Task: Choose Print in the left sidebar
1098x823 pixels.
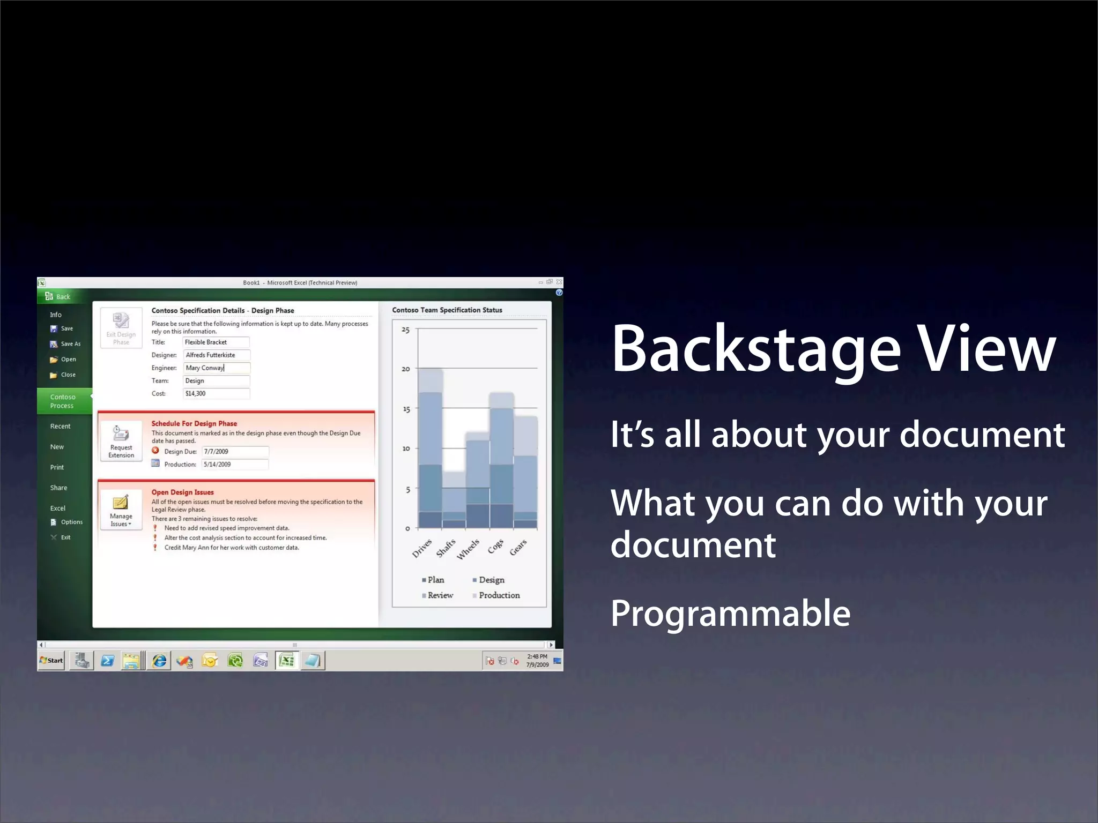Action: (x=57, y=467)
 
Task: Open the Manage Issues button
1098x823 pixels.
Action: (x=121, y=510)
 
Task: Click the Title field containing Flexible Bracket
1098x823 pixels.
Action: (x=216, y=342)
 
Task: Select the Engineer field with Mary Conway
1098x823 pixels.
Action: (x=216, y=368)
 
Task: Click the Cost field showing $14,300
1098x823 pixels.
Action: (x=216, y=394)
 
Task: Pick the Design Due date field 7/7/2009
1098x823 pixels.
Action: (x=235, y=452)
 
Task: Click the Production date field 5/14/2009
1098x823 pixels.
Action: (x=235, y=465)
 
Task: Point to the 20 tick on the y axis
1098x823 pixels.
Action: (x=406, y=369)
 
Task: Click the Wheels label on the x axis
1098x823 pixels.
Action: (x=468, y=549)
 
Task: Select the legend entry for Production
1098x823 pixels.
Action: (x=499, y=595)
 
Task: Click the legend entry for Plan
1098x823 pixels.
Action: (x=435, y=580)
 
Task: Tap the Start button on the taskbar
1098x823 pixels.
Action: (x=51, y=661)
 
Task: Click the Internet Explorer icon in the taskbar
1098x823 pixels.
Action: (x=159, y=661)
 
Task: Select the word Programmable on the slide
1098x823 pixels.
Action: (x=730, y=614)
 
